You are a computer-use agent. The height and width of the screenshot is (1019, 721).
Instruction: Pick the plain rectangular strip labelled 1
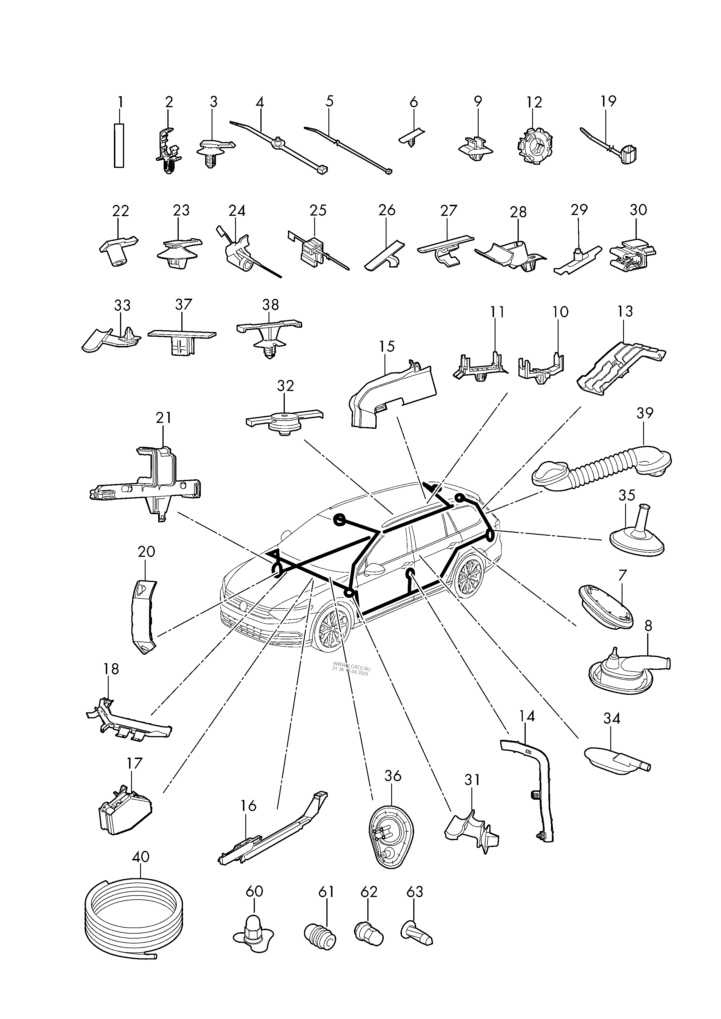(x=119, y=146)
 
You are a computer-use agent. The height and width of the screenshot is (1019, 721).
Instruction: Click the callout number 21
(x=163, y=418)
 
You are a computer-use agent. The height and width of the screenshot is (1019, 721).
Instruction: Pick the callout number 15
(x=387, y=346)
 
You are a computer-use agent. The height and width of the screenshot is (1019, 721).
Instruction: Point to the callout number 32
(x=285, y=386)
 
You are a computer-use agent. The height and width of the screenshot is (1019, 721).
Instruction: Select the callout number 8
(x=648, y=626)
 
